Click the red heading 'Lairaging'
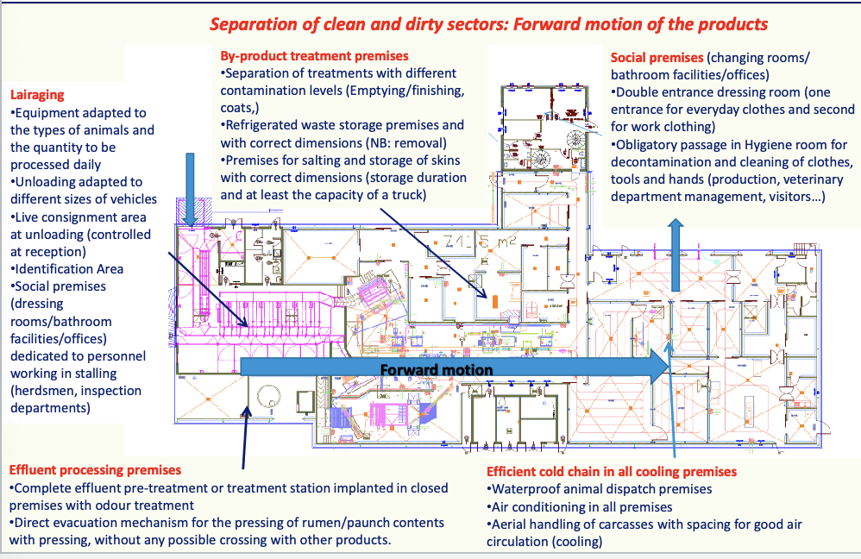[37, 94]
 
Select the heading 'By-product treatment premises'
[309, 56]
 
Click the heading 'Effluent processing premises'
[95, 470]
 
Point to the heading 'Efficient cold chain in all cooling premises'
[611, 472]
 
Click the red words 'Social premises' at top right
[657, 58]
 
